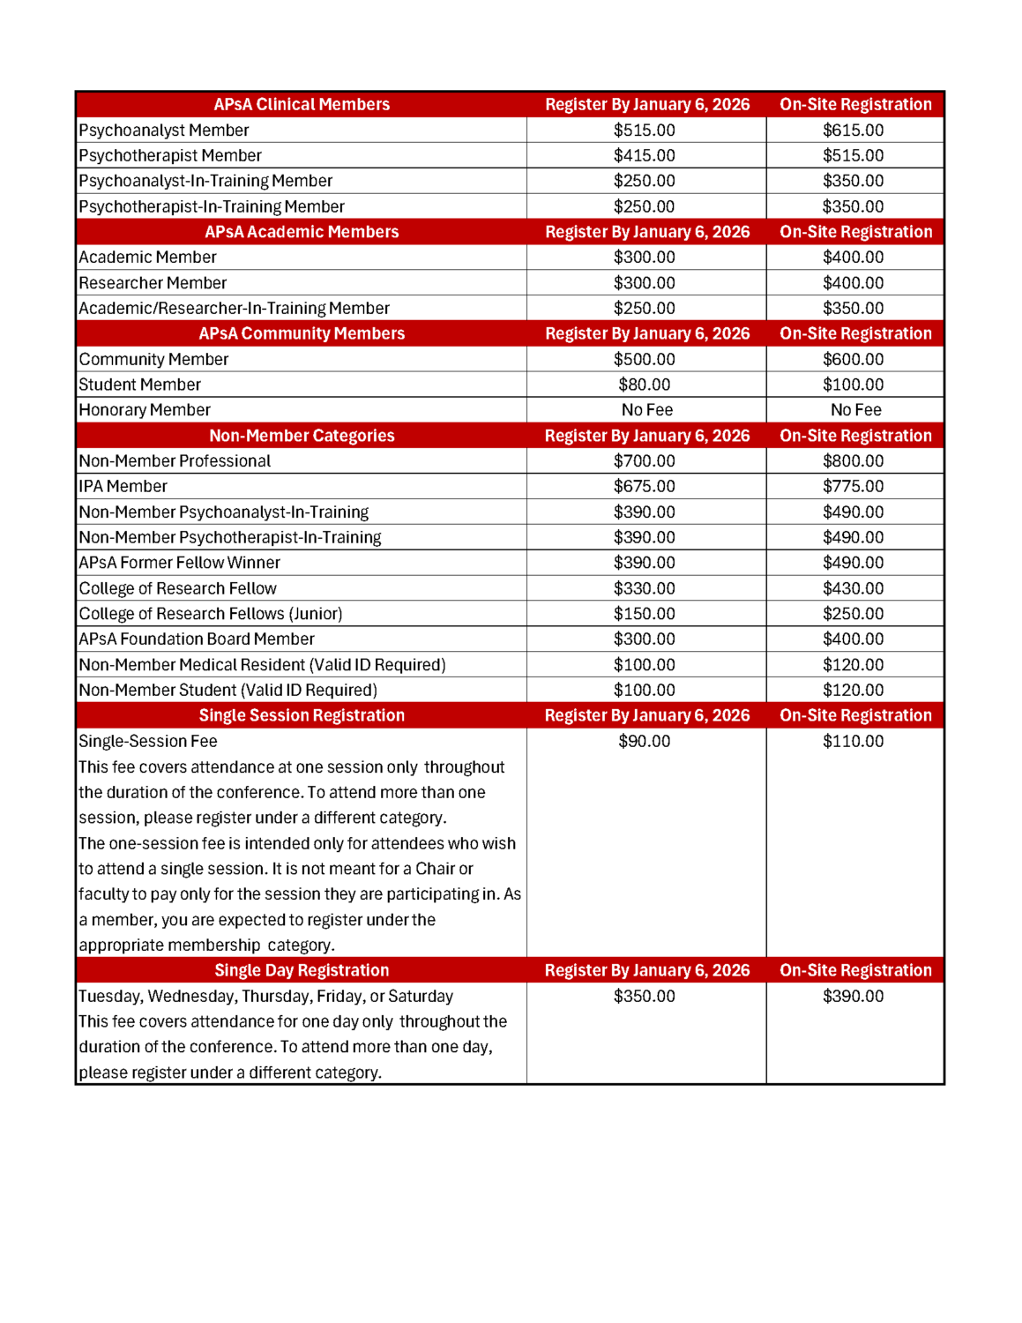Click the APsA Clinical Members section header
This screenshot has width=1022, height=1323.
pyautogui.click(x=302, y=104)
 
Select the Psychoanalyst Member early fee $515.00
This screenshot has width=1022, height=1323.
pyautogui.click(x=645, y=130)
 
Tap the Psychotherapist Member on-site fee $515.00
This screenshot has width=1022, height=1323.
pyautogui.click(x=853, y=155)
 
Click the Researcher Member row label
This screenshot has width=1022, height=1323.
pyautogui.click(x=153, y=283)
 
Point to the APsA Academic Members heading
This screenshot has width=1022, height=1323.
pyautogui.click(x=302, y=232)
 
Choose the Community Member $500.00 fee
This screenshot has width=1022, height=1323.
pyautogui.click(x=645, y=359)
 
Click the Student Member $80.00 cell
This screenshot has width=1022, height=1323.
pyautogui.click(x=645, y=385)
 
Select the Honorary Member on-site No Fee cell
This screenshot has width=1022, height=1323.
pyautogui.click(x=855, y=410)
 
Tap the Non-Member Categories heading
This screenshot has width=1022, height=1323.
pyautogui.click(x=302, y=436)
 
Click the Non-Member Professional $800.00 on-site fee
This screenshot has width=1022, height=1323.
pyautogui.click(x=853, y=460)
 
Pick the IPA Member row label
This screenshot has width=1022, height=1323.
pyautogui.click(x=123, y=486)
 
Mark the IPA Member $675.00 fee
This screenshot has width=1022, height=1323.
pyautogui.click(x=645, y=486)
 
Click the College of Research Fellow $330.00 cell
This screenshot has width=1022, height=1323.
pyautogui.click(x=645, y=588)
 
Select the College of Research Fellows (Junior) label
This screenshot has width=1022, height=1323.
pyautogui.click(x=210, y=614)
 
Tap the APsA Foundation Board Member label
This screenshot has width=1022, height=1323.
pyautogui.click(x=196, y=639)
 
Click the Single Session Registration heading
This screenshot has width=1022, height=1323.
pyautogui.click(x=302, y=715)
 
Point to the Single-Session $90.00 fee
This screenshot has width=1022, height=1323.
pyautogui.click(x=645, y=741)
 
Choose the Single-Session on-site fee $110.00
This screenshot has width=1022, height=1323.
pyautogui.click(x=853, y=741)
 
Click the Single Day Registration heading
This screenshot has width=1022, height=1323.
pyautogui.click(x=302, y=970)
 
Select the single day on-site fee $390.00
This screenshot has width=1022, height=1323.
pyautogui.click(x=853, y=996)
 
